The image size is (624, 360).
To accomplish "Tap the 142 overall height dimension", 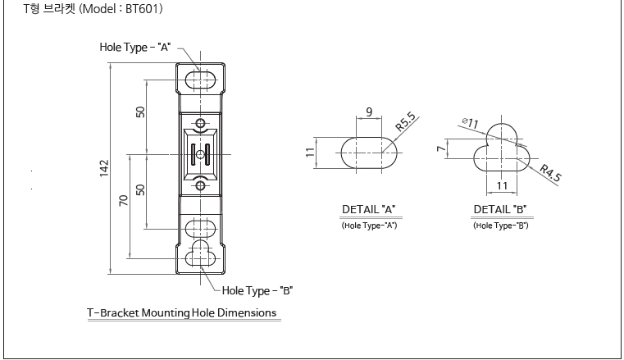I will point(104,167).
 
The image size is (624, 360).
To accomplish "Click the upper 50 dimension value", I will point(140,112).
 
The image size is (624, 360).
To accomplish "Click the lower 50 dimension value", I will point(140,189).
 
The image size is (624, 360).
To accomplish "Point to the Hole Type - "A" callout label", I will point(134,47).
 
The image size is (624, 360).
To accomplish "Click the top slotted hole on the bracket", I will point(200,79).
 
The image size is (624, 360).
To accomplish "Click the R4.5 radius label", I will point(551,172).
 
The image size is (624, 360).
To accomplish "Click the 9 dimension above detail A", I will point(369,112).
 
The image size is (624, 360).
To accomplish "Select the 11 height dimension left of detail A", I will point(321,153).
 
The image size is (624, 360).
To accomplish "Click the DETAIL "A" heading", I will point(369,209).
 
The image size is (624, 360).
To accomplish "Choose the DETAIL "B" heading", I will point(500,209).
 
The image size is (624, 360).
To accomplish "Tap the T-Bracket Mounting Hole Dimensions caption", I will point(181,312).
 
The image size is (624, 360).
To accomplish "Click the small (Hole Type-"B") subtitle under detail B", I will point(500,225).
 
